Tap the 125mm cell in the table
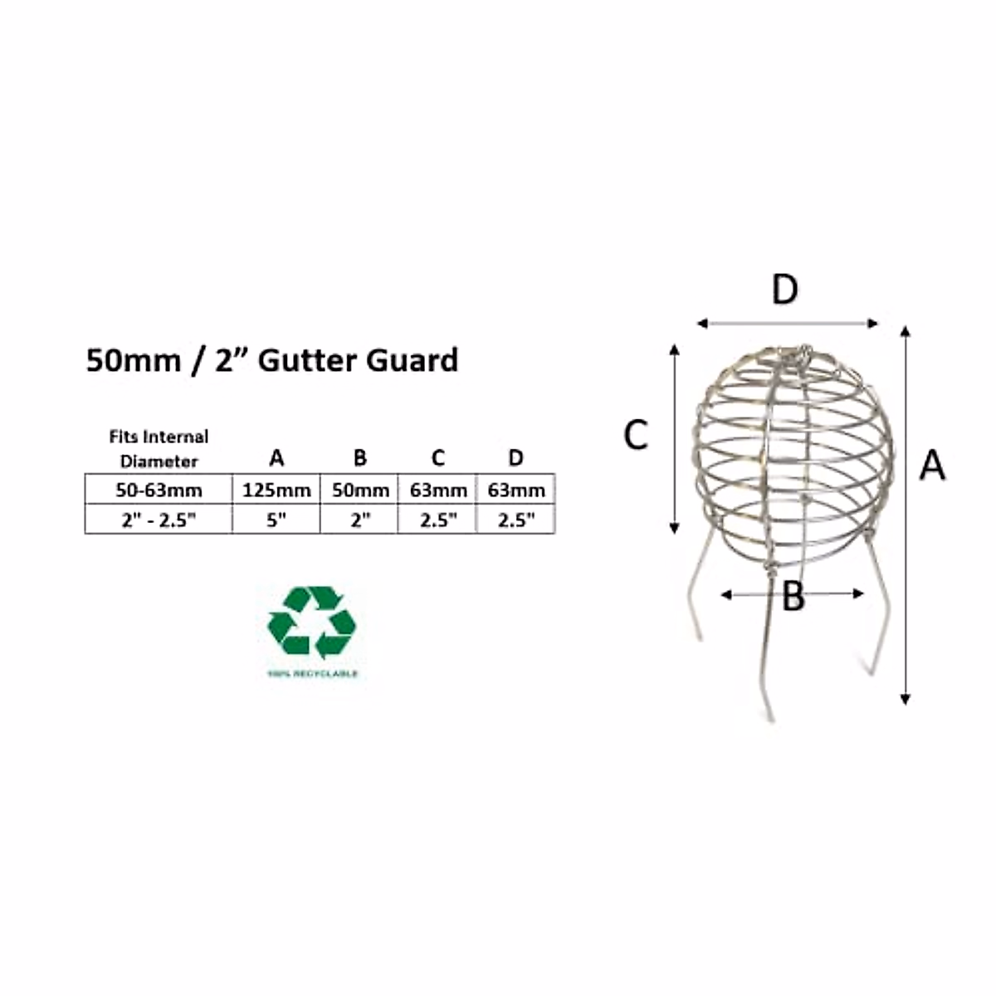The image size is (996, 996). pyautogui.click(x=276, y=491)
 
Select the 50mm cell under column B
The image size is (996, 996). pyautogui.click(x=360, y=491)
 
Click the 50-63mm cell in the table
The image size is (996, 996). pyautogui.click(x=159, y=491)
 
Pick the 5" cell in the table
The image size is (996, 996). pyautogui.click(x=276, y=520)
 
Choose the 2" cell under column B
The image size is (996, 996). pyautogui.click(x=360, y=520)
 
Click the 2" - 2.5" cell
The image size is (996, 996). pyautogui.click(x=159, y=520)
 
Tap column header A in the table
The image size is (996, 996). pyautogui.click(x=276, y=457)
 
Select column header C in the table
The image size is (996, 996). pyautogui.click(x=438, y=457)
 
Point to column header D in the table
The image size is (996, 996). pyautogui.click(x=516, y=457)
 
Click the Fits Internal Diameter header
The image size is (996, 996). pyautogui.click(x=159, y=448)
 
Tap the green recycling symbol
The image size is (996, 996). pyautogui.click(x=312, y=622)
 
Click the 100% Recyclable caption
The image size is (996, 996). pyautogui.click(x=312, y=674)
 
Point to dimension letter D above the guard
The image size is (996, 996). pyautogui.click(x=784, y=290)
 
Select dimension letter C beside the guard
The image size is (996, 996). pyautogui.click(x=636, y=435)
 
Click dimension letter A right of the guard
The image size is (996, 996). pyautogui.click(x=932, y=465)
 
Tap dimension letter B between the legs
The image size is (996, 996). pyautogui.click(x=793, y=596)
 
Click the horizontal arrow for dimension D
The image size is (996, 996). pyautogui.click(x=787, y=323)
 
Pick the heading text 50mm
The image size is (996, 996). pyautogui.click(x=134, y=360)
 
